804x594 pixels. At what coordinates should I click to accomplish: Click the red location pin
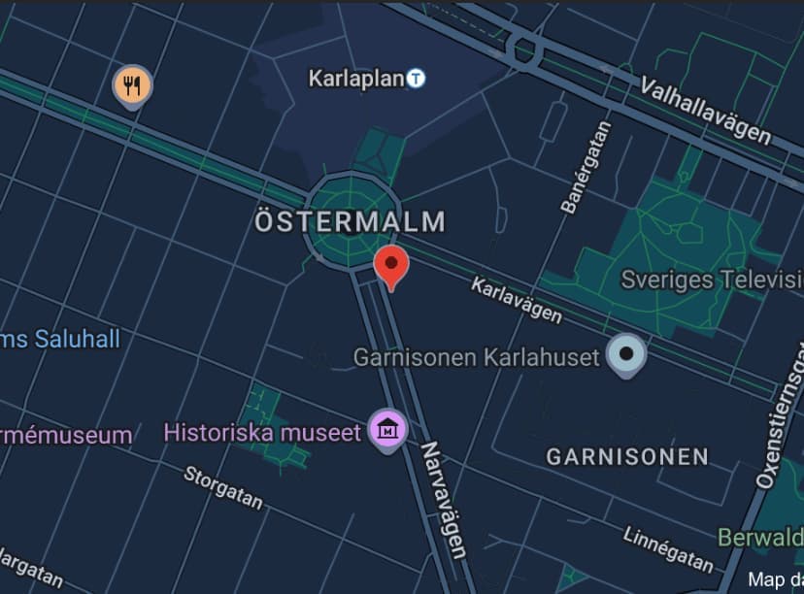click(391, 265)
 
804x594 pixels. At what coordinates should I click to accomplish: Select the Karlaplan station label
click(355, 78)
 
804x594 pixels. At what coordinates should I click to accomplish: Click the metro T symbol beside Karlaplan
click(416, 78)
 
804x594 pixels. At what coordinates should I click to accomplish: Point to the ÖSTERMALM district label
click(350, 221)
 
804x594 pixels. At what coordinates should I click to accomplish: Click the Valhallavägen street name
click(705, 110)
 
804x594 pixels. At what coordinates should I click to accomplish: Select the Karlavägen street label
click(517, 299)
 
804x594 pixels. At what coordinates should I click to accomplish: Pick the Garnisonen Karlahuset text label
click(476, 357)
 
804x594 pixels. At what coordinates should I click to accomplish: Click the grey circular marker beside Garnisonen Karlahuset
click(626, 354)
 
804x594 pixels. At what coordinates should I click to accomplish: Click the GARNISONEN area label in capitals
click(627, 456)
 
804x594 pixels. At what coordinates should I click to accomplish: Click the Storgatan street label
click(223, 487)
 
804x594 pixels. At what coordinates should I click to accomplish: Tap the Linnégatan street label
click(668, 548)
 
